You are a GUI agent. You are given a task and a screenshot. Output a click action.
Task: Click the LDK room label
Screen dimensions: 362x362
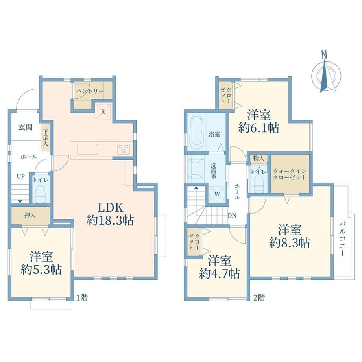click(110, 207)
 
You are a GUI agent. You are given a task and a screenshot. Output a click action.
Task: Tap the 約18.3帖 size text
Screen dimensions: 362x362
click(110, 221)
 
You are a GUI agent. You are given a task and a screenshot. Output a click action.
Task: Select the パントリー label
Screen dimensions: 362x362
click(90, 91)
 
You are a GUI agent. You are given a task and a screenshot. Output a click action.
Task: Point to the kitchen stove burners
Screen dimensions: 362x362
click(124, 149)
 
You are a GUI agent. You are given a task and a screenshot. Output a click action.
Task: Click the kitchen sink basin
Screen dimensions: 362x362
click(87, 149)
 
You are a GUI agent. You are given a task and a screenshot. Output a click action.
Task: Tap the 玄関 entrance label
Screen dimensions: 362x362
click(26, 127)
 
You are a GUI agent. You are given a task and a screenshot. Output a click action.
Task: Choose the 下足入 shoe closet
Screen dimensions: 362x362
click(46, 138)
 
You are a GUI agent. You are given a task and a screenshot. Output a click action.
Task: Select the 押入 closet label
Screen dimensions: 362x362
click(30, 216)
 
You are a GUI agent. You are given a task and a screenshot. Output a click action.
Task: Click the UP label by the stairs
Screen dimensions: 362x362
click(20, 176)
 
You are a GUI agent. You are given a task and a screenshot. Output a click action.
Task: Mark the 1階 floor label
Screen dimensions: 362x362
click(82, 297)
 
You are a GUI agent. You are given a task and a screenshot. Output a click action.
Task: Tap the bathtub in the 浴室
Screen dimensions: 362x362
click(197, 133)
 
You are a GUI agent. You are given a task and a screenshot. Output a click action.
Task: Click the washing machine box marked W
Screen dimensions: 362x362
click(217, 194)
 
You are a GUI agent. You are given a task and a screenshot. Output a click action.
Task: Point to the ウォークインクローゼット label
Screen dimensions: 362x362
click(290, 174)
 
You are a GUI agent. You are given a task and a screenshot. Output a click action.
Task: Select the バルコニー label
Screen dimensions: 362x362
click(342, 239)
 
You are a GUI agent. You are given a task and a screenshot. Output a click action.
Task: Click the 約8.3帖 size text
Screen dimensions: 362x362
click(290, 243)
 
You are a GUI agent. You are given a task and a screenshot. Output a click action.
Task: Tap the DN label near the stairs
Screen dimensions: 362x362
click(232, 216)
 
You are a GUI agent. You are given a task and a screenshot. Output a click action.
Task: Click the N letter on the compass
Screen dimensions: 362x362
click(324, 55)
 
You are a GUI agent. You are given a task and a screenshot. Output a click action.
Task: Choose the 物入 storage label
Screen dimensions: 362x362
click(259, 158)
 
